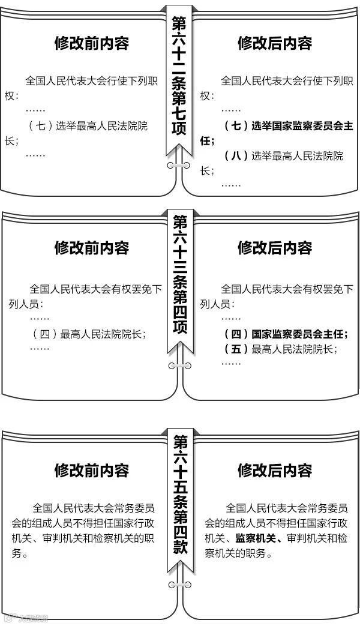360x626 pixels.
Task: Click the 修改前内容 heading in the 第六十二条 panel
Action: [91, 43]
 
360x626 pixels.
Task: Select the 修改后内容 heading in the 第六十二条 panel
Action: [275, 43]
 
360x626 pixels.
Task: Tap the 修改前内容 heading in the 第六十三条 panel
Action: [91, 247]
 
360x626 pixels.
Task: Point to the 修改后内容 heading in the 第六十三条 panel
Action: [275, 247]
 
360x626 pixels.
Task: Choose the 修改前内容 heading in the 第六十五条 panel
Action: [91, 469]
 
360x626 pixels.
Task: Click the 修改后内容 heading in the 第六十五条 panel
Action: [275, 469]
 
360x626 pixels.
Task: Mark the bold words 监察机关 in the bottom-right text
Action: [257, 538]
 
